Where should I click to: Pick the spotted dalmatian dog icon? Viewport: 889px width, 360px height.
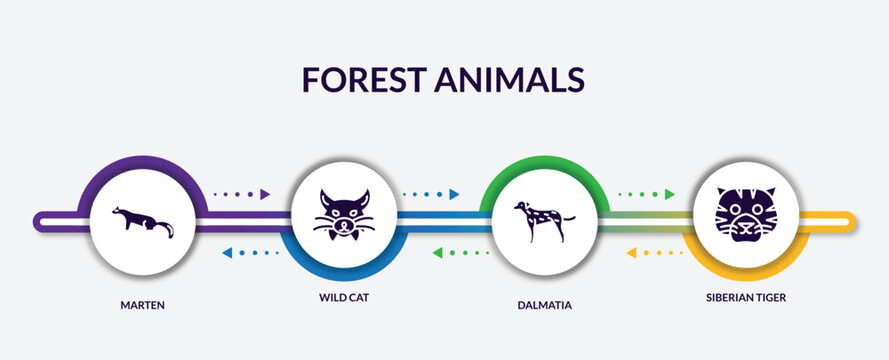tap(539, 221)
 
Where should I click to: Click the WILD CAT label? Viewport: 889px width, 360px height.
tap(344, 298)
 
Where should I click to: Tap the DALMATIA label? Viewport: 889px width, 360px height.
tap(544, 305)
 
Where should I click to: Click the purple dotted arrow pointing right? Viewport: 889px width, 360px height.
tap(242, 194)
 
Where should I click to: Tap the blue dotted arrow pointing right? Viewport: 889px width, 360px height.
tap(430, 194)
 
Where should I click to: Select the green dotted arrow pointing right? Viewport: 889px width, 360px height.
tap(646, 194)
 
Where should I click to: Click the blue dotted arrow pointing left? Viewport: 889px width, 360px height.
tap(250, 253)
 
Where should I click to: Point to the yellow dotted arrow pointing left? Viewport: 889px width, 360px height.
tap(654, 253)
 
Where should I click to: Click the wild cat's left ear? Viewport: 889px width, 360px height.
tap(324, 198)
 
